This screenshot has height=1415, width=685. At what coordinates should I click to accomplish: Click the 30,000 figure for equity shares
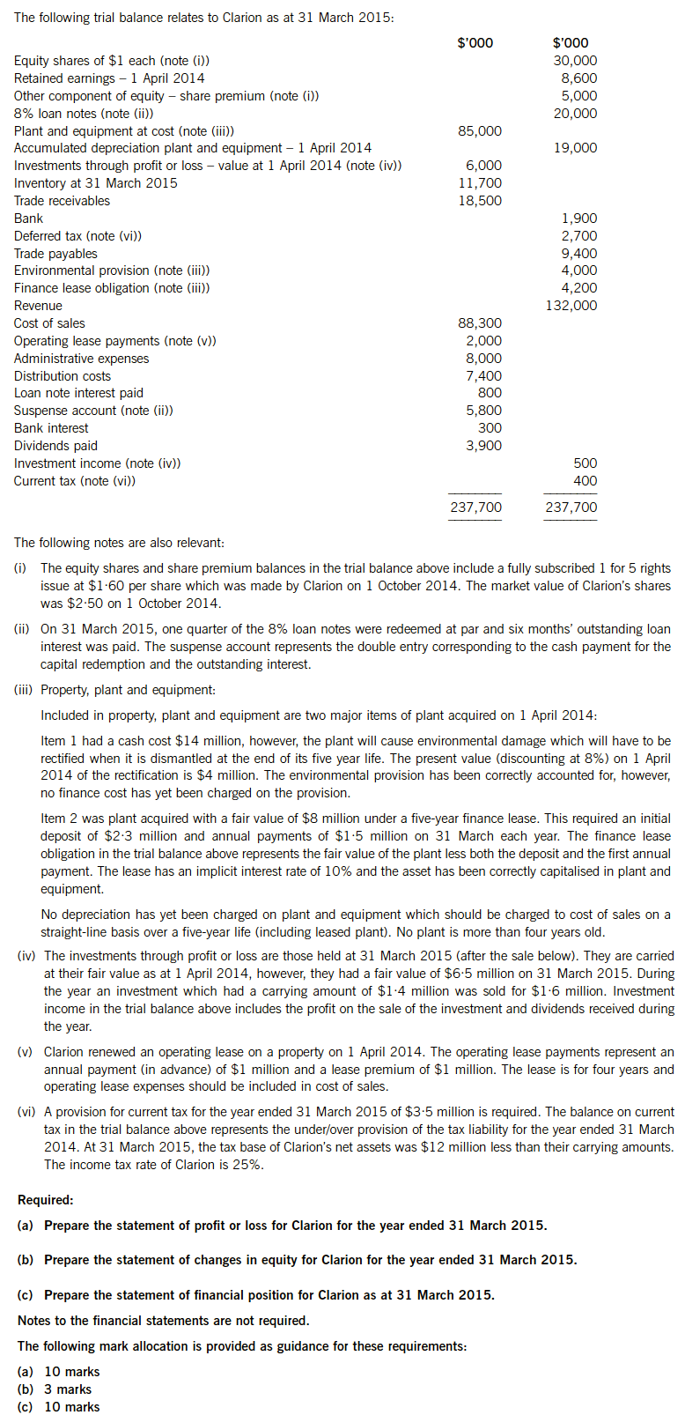(x=574, y=61)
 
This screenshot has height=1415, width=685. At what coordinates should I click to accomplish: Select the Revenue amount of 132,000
(x=571, y=306)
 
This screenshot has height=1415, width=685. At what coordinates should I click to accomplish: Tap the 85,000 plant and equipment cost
(x=479, y=131)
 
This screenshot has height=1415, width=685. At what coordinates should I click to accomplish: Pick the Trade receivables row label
(x=62, y=201)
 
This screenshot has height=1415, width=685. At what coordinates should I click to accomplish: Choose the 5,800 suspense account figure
(x=483, y=411)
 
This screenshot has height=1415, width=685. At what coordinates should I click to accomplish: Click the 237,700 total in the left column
(x=475, y=507)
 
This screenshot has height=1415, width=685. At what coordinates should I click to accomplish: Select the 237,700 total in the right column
(x=571, y=507)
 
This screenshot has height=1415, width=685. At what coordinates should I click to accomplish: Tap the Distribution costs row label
(x=63, y=376)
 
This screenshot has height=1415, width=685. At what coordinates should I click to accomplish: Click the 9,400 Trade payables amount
(x=578, y=254)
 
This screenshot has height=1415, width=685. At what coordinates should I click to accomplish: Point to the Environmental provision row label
(x=112, y=270)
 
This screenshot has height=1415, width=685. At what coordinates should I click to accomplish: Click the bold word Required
(x=46, y=1200)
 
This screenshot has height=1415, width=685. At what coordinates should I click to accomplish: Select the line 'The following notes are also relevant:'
(x=119, y=543)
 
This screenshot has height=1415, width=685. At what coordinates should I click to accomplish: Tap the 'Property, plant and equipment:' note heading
(x=128, y=690)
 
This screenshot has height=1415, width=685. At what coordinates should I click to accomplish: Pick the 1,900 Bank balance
(x=578, y=219)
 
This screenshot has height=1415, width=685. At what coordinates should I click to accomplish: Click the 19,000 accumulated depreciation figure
(x=574, y=148)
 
